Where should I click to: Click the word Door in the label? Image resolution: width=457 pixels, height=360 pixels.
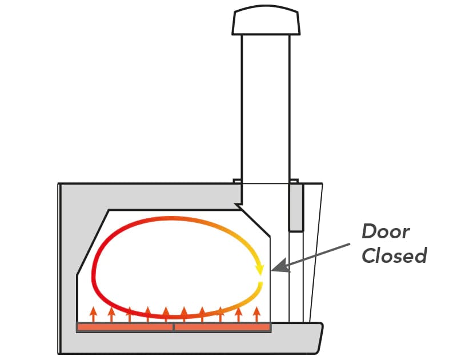(386, 232)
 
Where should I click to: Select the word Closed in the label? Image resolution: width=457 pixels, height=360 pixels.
(394, 255)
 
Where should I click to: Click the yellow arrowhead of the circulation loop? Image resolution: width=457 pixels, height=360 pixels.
(260, 267)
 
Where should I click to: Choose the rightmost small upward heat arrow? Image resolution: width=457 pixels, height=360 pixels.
(256, 313)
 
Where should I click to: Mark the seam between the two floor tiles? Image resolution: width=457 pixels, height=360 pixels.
(173, 327)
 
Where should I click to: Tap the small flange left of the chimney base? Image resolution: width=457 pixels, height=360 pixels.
(236, 182)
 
